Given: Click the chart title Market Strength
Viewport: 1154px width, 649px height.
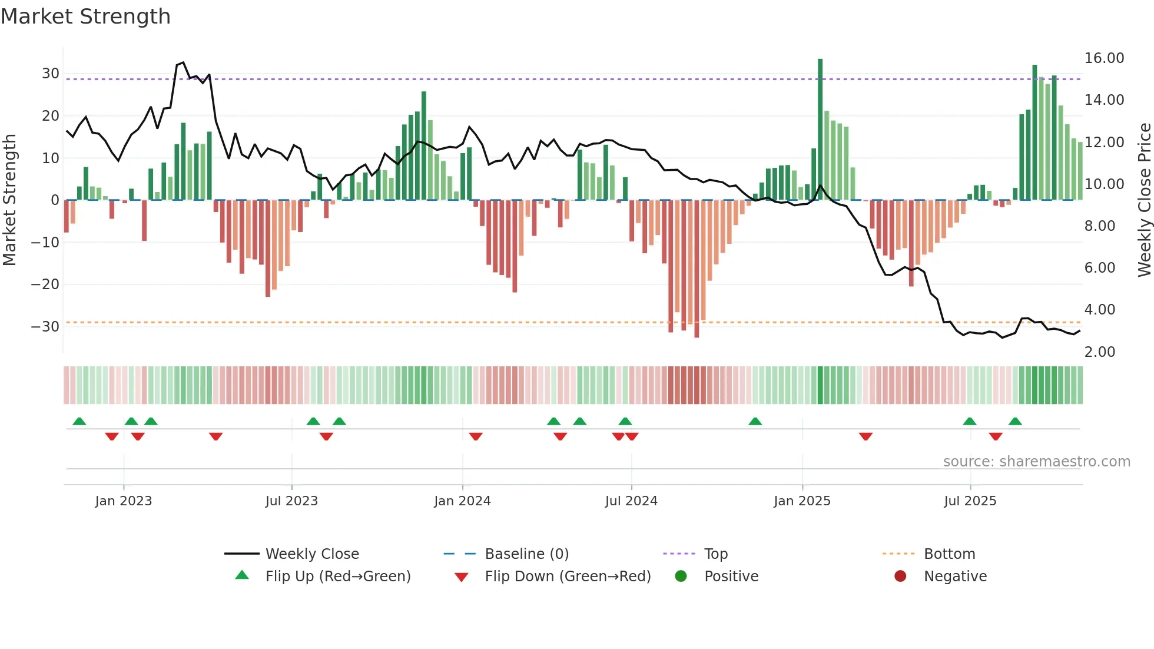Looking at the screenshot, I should (x=85, y=16).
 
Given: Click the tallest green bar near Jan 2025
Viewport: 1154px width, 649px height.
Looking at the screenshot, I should (x=820, y=130).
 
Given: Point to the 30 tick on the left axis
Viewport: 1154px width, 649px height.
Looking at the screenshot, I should (x=51, y=74).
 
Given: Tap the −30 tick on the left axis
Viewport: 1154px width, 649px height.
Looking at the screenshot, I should (x=45, y=327).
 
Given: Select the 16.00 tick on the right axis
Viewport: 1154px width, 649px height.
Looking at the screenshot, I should (x=1104, y=58).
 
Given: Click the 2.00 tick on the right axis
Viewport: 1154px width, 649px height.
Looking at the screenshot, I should (x=1100, y=352).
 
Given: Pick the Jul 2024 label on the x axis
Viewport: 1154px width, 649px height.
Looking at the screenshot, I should (x=631, y=501).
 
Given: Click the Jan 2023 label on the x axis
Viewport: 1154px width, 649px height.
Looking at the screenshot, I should (x=124, y=501).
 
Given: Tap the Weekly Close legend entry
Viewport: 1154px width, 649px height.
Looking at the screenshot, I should (x=312, y=554).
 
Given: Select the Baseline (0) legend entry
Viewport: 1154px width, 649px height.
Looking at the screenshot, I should (x=526, y=554).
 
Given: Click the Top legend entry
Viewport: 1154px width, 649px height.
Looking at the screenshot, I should (x=716, y=554).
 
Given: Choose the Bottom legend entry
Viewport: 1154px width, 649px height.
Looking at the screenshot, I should (x=949, y=554).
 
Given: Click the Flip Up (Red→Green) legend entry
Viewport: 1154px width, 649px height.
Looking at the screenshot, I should (x=338, y=577).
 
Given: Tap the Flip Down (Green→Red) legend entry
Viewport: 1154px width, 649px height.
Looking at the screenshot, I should (x=568, y=577).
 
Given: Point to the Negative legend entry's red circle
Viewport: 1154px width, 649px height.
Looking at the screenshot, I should (x=900, y=577).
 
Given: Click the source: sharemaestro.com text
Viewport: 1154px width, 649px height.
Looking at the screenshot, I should (x=1036, y=462).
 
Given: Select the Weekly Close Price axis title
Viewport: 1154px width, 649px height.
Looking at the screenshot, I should (x=1144, y=200).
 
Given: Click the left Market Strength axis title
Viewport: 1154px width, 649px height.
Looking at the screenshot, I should (x=9, y=200).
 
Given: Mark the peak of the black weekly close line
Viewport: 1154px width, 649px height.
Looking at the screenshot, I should (x=183, y=62).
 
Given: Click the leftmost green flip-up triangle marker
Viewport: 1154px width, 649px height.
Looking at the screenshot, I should (x=79, y=421).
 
